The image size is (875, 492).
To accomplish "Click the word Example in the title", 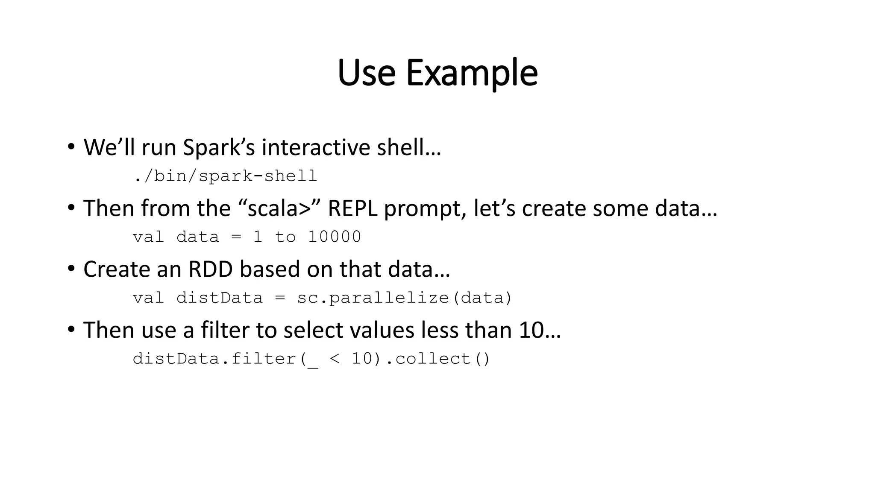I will click(x=471, y=73).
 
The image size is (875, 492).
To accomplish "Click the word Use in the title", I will click(x=366, y=73).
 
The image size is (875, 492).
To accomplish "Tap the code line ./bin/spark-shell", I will click(x=225, y=176).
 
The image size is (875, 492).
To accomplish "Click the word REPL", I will click(x=352, y=208).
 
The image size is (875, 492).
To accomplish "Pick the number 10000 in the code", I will click(x=335, y=237).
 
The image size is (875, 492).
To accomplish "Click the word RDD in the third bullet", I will click(x=210, y=269).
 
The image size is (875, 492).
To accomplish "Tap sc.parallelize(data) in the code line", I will click(x=404, y=298).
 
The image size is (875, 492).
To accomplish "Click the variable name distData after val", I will click(x=219, y=298).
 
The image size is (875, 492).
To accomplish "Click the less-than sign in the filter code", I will click(x=335, y=359).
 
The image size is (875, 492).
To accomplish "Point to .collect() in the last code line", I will click(x=437, y=359).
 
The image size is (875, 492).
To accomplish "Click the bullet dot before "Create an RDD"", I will click(x=71, y=269).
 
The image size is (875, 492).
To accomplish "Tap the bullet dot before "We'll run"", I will click(x=71, y=147).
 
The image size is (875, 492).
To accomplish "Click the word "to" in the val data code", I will click(x=285, y=237).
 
